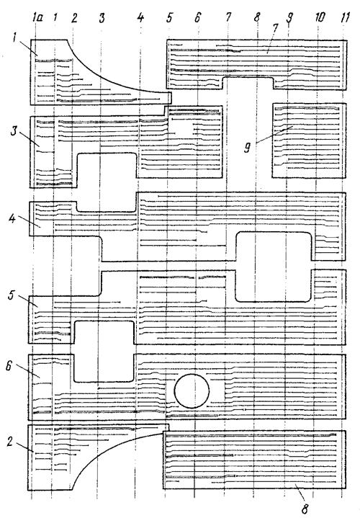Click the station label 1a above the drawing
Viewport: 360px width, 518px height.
37,18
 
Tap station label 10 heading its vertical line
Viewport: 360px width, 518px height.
320,17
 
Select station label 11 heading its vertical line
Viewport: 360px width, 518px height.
344,17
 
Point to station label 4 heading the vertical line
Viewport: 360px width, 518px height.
140,17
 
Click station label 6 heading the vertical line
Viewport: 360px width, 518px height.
197,17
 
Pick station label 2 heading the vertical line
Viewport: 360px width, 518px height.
74,18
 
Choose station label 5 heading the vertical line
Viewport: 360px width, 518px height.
169,17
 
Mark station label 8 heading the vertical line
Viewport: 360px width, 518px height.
257,17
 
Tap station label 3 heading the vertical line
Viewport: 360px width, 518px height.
102,18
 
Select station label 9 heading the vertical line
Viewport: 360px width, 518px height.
289,18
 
